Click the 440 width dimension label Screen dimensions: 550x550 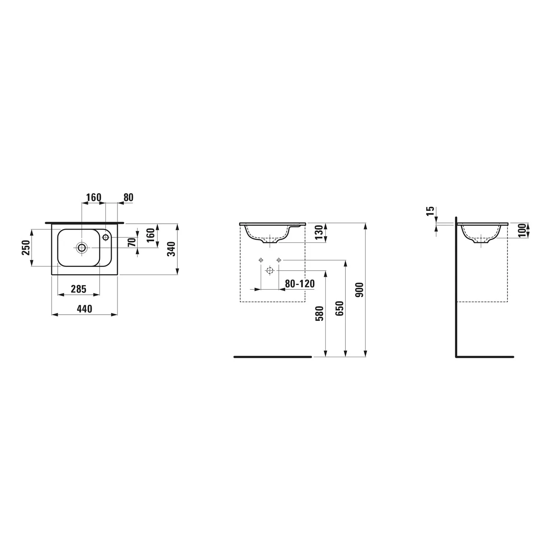point(84,309)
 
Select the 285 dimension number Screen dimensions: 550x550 point(78,289)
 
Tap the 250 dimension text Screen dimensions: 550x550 point(25,248)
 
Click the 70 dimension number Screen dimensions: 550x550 point(132,242)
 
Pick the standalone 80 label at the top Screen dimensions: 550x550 point(128,197)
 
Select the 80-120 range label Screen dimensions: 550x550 point(300,283)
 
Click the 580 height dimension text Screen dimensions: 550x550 point(320,313)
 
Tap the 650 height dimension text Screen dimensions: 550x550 point(340,309)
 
